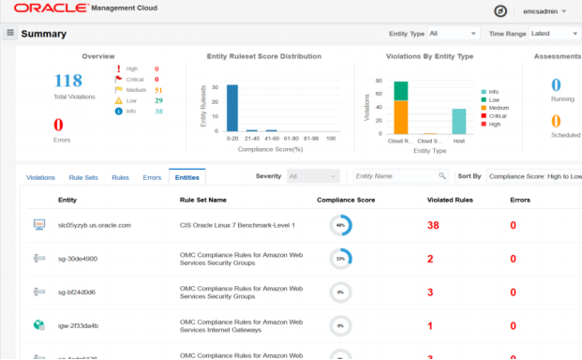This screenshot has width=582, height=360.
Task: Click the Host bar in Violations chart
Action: (458, 122)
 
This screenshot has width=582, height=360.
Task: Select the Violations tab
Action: (40, 176)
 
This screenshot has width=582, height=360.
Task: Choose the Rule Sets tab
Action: (82, 176)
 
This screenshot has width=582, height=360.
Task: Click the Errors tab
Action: (151, 176)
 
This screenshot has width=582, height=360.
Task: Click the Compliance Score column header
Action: (346, 200)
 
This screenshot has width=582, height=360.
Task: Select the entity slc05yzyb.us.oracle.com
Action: (94, 225)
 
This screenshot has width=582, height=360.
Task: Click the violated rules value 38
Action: (433, 225)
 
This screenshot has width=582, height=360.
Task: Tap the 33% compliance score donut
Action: (340, 259)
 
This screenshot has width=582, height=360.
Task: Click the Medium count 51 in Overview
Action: (158, 89)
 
